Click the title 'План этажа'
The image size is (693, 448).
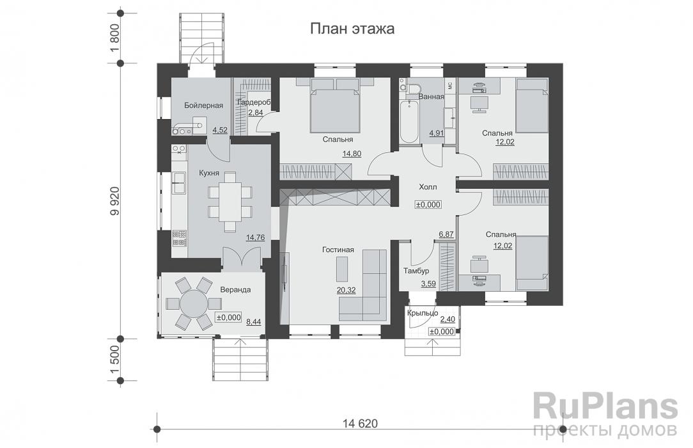pos(352,29)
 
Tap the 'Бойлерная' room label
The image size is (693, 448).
pos(204,105)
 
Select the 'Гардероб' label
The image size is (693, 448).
pos(253,102)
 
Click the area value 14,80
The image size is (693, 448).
pos(352,154)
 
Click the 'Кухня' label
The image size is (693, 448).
pos(209,173)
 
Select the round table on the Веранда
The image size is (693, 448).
pos(193,304)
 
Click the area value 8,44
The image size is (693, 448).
pos(254,322)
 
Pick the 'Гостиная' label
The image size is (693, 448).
pos(338,250)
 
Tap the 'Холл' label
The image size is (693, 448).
pos(428,187)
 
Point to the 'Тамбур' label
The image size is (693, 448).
pos(416,271)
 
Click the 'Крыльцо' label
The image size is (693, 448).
pos(423,313)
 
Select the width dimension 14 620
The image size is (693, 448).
pos(360,424)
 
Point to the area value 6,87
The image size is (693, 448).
pos(446,234)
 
